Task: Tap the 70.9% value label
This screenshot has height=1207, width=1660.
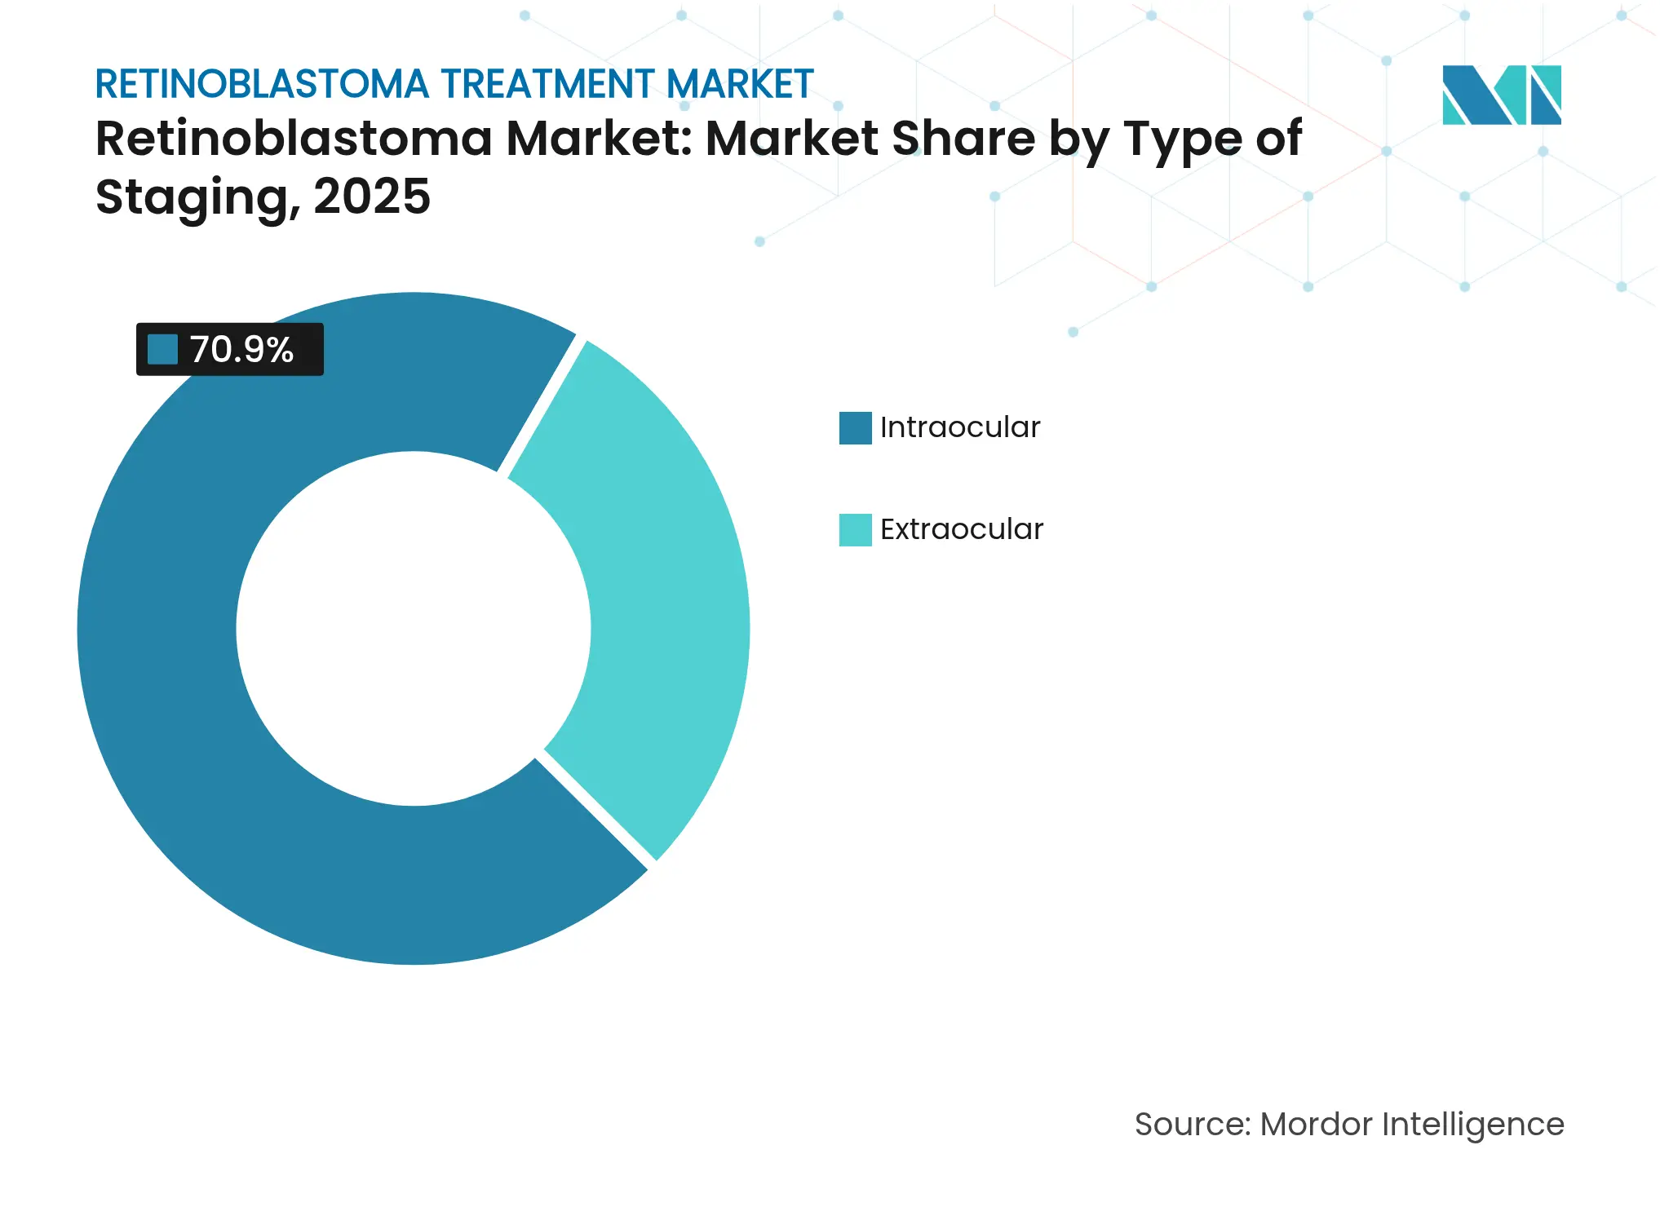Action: point(241,350)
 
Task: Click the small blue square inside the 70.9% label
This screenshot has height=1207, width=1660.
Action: point(162,350)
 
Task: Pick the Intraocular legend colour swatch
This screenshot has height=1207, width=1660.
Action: point(855,428)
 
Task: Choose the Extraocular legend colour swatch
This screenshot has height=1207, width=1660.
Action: point(855,530)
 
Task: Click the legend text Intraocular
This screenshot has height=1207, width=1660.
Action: point(959,428)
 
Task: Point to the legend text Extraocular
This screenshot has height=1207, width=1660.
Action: point(961,530)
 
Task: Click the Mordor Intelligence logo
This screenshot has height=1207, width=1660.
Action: point(1501,95)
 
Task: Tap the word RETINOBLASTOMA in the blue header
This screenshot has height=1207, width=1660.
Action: point(262,85)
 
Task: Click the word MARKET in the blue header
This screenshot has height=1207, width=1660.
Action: point(740,85)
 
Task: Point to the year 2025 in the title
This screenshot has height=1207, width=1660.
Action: point(371,197)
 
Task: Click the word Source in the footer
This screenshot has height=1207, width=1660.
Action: point(1191,1125)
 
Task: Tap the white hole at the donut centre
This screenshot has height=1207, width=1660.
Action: point(414,629)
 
